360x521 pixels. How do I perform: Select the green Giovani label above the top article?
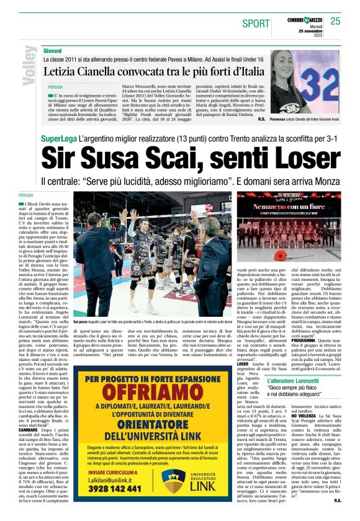point(52,49)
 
